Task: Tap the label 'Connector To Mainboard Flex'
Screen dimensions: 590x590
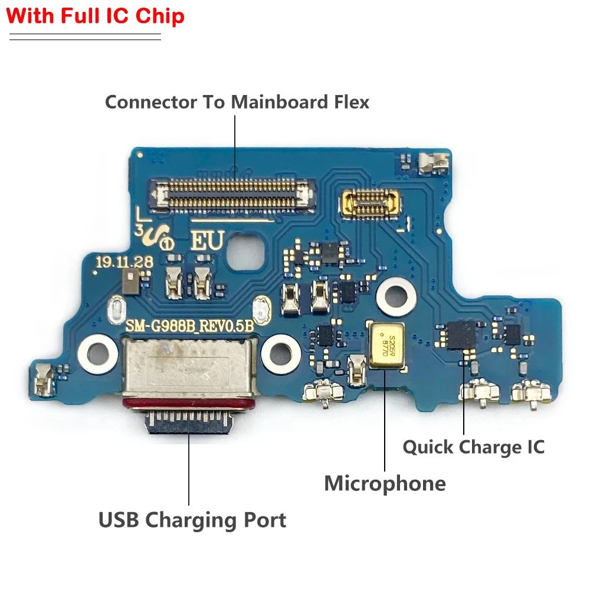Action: pos(237,101)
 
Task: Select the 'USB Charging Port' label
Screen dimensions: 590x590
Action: pos(192,520)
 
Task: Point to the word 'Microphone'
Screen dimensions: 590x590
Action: pos(385,483)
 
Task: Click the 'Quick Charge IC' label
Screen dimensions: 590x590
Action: pos(473,447)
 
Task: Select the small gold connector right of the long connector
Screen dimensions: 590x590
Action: pos(369,202)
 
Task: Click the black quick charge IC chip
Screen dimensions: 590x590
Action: pos(461,335)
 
